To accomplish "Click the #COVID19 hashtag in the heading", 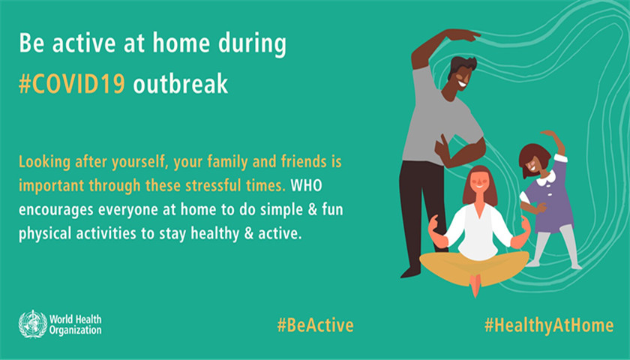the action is pyautogui.click(x=72, y=84).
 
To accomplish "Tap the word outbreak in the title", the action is pyautogui.click(x=181, y=83).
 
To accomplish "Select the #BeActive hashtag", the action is pyautogui.click(x=316, y=325).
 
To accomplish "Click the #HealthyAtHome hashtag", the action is pyautogui.click(x=549, y=325).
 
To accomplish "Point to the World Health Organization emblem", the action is pyautogui.click(x=33, y=324).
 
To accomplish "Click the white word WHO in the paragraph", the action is pyautogui.click(x=306, y=186).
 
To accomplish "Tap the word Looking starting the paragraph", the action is pyautogui.click(x=44, y=162).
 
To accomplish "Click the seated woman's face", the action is pyautogui.click(x=479, y=183).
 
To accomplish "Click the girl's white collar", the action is pyautogui.click(x=547, y=178).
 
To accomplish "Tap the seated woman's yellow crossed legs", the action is pyautogui.click(x=475, y=268).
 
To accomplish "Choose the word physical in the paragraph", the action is pyautogui.click(x=45, y=234).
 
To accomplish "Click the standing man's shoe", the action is pyautogui.click(x=410, y=272).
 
